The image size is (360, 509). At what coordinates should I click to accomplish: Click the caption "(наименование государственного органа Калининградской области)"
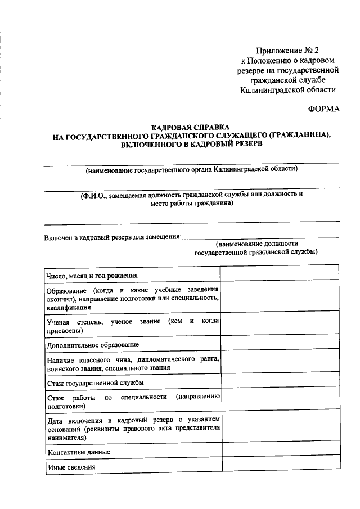pos(191,169)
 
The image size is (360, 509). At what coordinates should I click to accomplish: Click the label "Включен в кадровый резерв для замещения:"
pos(112,237)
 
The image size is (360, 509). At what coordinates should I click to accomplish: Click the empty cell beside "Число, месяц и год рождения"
pos(280,273)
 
